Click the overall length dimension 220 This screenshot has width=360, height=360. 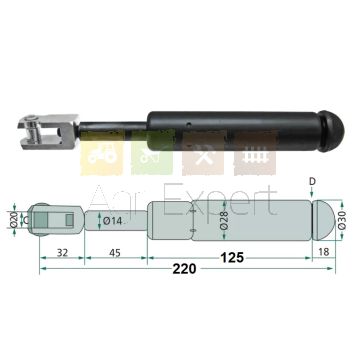pos(184,269)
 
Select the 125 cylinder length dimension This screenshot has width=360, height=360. pos(232,257)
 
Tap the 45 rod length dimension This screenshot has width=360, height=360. pos(115,253)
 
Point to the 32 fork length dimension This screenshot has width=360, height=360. pos(62,253)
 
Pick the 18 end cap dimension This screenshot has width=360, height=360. pos(323,252)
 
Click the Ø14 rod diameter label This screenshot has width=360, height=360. pos(112,220)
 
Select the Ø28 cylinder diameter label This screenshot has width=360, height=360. pos(224,220)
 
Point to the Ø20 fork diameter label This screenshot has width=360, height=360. pos(14,220)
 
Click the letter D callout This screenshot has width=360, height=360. pos(312,182)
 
